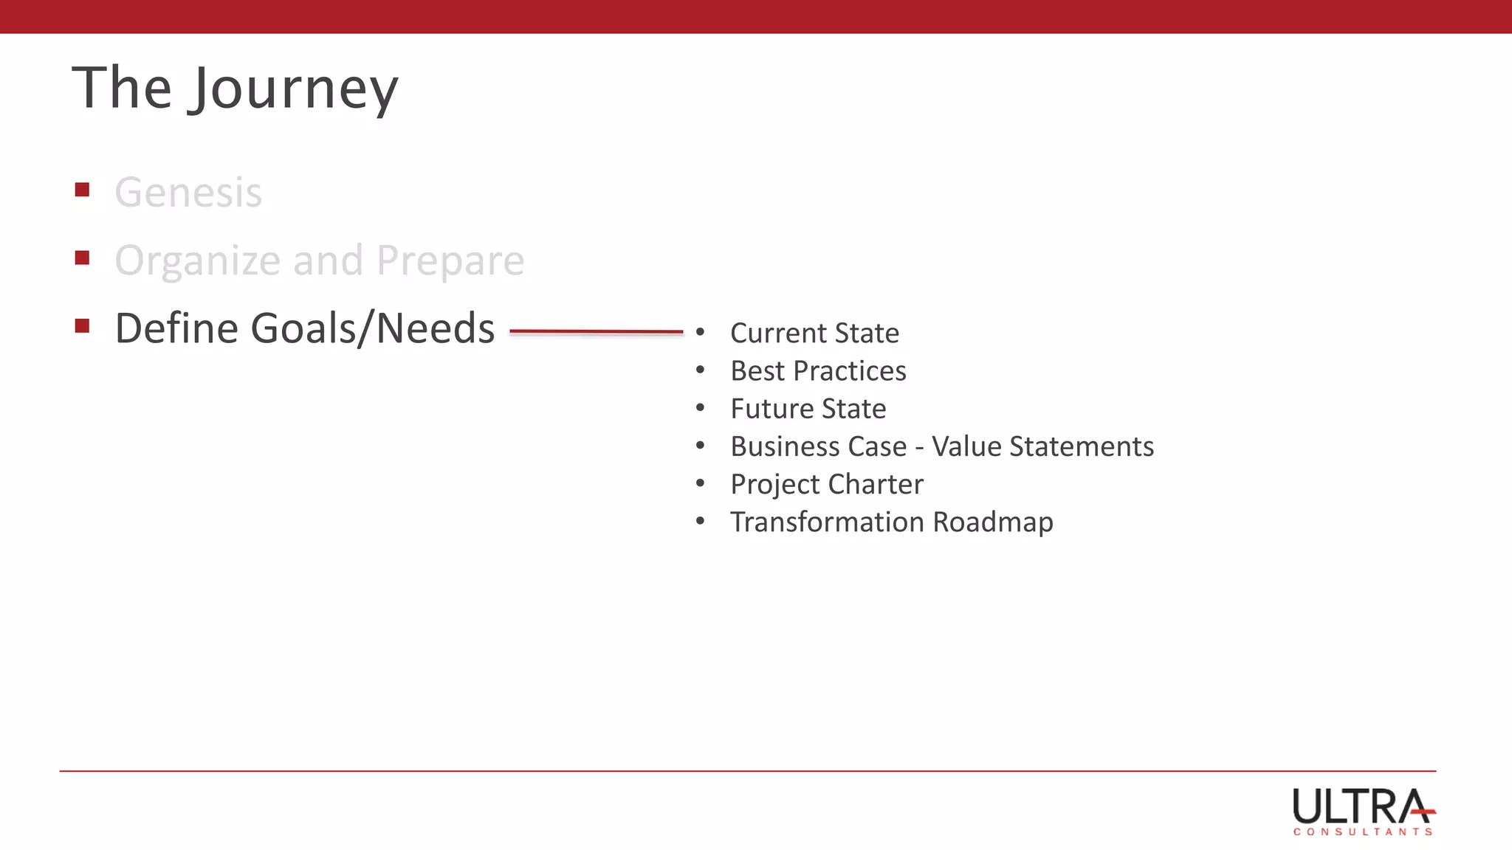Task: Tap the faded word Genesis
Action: [188, 193]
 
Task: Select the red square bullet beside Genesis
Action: [82, 190]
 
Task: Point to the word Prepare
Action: [450, 260]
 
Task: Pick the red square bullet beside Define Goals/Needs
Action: [82, 326]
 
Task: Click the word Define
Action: [176, 328]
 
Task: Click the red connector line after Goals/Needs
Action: [596, 332]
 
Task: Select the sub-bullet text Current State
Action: [814, 334]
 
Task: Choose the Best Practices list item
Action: [818, 371]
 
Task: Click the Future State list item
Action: [808, 409]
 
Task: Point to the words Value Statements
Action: [1042, 446]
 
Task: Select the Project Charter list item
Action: [826, 485]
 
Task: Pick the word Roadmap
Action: [993, 522]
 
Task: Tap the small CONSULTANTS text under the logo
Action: [1363, 832]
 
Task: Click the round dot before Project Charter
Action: [700, 484]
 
